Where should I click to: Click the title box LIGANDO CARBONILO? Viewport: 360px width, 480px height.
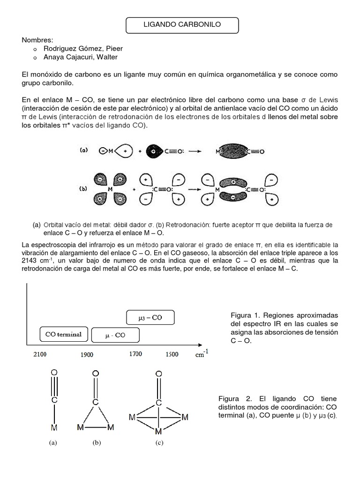click(182, 26)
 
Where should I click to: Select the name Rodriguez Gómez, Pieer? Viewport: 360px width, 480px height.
click(83, 48)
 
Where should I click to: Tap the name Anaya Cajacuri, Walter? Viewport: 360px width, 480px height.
click(80, 57)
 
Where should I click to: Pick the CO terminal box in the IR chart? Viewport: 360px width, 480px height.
click(63, 334)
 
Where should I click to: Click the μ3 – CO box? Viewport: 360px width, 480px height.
click(150, 317)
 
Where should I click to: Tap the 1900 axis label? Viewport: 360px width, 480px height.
click(87, 355)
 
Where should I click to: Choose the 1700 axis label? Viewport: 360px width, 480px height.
click(135, 354)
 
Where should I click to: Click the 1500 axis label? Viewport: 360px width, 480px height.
click(171, 354)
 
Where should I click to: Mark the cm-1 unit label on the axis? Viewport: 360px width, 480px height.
click(202, 354)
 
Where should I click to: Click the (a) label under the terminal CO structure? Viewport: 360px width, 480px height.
click(52, 442)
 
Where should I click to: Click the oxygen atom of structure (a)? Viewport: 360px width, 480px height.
click(55, 373)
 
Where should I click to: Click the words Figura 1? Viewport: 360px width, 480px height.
click(245, 314)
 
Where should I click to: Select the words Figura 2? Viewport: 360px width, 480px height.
click(245, 398)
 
